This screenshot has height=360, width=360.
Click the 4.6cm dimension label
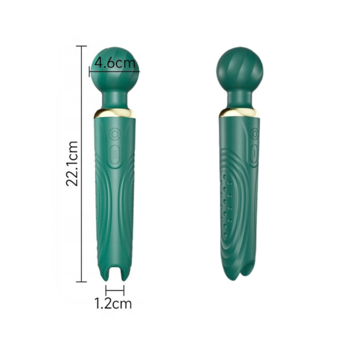115,62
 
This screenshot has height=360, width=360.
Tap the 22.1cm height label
72,163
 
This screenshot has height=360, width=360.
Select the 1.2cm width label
113,304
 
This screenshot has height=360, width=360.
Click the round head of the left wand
115,70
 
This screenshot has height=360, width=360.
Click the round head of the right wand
239,70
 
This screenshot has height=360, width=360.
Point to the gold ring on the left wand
115,113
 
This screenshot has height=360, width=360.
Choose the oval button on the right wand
254,154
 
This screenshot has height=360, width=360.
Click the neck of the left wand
115,100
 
